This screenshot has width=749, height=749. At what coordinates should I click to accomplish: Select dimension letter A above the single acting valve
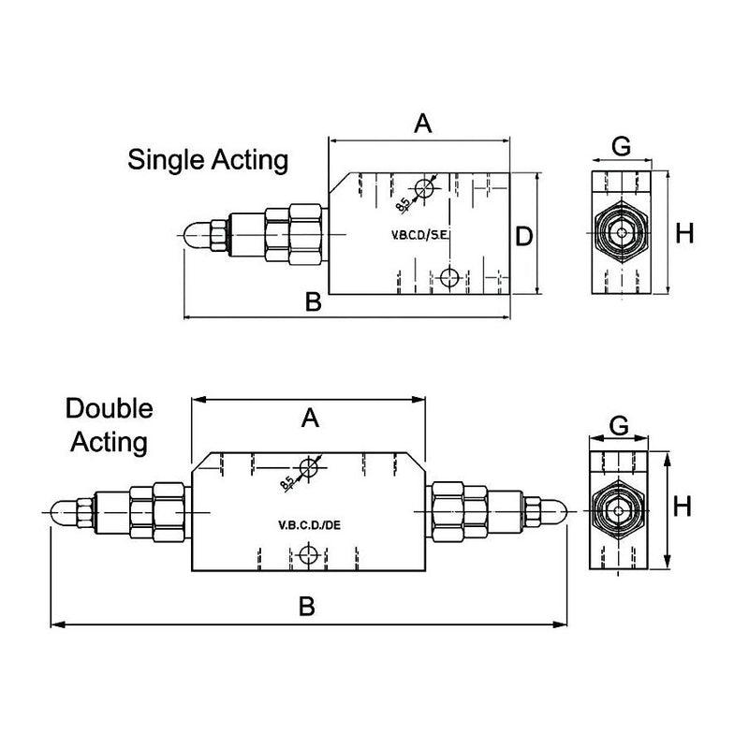click(423, 123)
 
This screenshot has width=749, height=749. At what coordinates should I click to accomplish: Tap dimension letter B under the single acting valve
click(314, 301)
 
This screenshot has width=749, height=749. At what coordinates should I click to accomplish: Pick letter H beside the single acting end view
click(686, 234)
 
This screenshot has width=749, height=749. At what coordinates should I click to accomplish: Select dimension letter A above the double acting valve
click(310, 419)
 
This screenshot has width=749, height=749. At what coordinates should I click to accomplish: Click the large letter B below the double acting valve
click(306, 607)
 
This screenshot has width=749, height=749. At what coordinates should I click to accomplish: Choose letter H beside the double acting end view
click(683, 507)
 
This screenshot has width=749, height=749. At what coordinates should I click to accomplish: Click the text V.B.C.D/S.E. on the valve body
click(419, 234)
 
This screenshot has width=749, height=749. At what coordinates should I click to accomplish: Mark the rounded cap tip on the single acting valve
click(193, 234)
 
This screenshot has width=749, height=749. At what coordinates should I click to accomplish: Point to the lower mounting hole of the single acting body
click(449, 276)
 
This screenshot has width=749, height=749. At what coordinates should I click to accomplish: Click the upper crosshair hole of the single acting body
click(424, 188)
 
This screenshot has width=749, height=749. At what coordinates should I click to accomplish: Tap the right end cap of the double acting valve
click(556, 511)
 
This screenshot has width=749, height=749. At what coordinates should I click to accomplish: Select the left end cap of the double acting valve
click(57, 511)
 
